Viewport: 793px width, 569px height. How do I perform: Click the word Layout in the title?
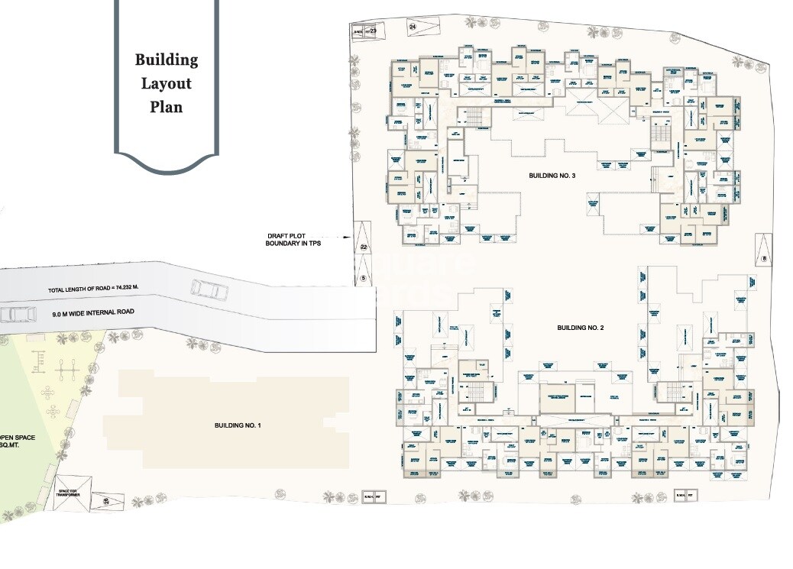click(167, 83)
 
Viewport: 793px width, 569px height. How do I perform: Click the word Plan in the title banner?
click(167, 107)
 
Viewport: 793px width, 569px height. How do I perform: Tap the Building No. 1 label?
click(238, 425)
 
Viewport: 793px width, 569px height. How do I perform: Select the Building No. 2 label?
click(581, 328)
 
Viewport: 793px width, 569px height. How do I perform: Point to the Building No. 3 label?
click(552, 176)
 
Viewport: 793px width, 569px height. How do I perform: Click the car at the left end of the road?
click(18, 314)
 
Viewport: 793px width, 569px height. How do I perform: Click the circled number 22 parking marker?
click(364, 247)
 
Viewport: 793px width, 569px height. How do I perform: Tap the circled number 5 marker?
click(364, 277)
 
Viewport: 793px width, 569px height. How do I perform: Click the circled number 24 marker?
click(413, 27)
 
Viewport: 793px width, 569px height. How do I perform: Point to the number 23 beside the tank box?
click(374, 31)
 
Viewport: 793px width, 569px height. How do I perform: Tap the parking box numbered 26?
click(106, 501)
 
